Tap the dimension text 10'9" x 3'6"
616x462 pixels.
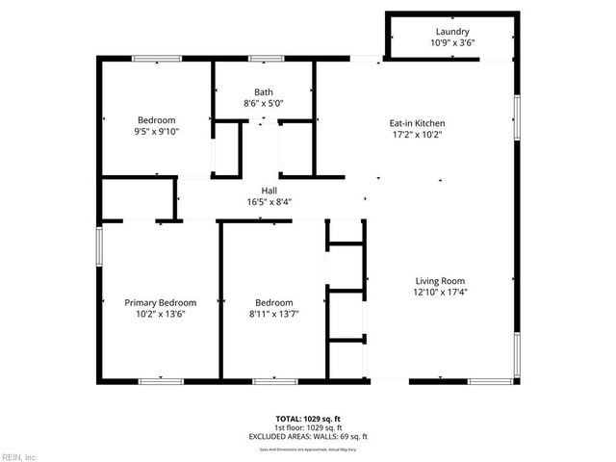(x=452, y=43)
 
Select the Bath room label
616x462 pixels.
(x=263, y=91)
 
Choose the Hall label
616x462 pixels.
(x=269, y=191)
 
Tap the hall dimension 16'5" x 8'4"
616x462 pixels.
(x=269, y=202)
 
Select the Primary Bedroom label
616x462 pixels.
(x=160, y=302)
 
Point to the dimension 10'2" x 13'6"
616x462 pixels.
(x=160, y=314)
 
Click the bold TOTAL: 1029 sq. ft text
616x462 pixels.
(x=307, y=418)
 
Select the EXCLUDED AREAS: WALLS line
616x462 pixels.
(x=307, y=436)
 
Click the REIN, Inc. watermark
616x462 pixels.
(x=19, y=455)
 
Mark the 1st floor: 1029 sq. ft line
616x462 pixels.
(x=307, y=427)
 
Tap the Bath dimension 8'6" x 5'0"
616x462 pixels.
(x=263, y=103)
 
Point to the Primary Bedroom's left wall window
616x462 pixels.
(x=98, y=244)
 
